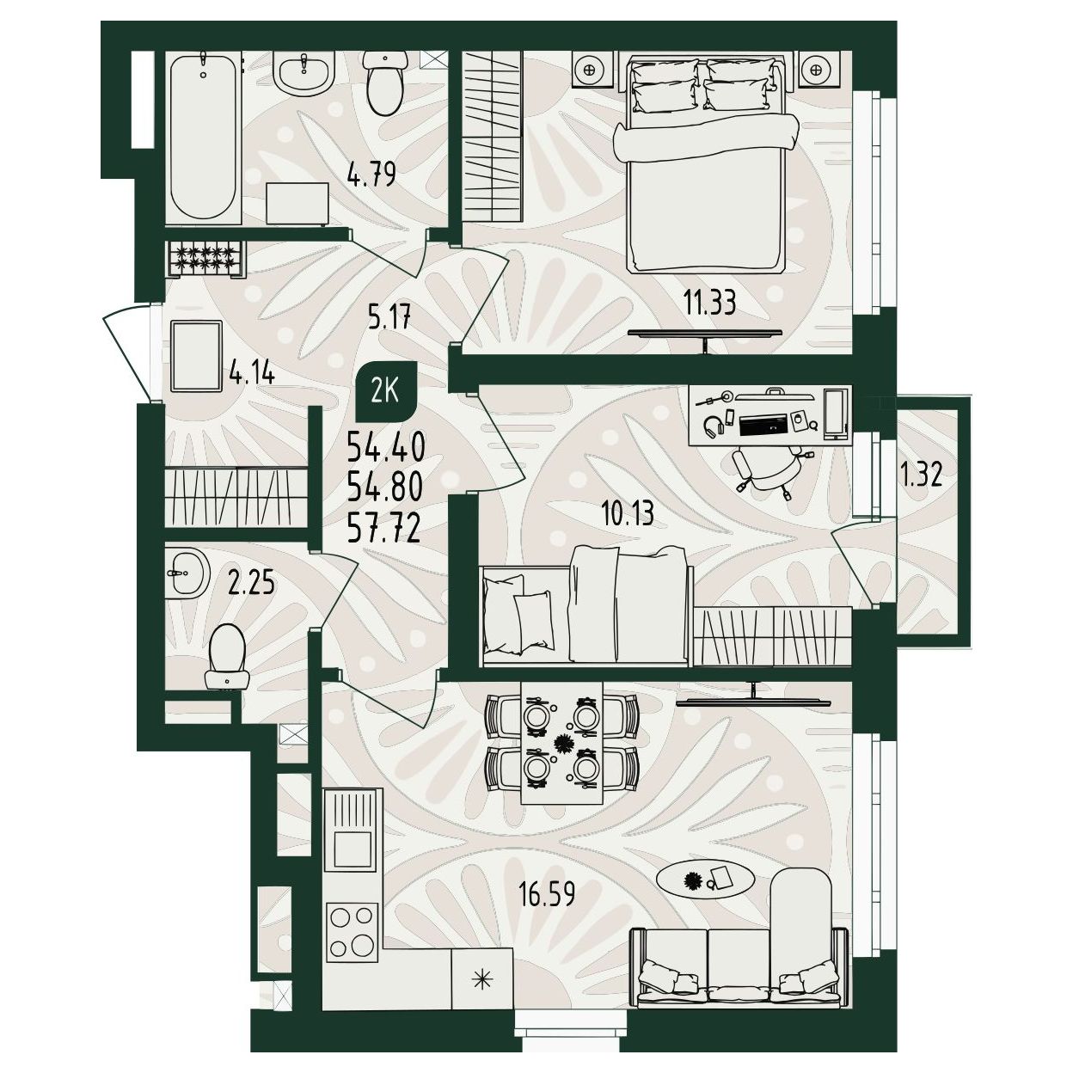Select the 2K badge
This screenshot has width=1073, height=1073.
coord(386,393)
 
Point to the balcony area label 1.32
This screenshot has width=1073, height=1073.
coord(921,476)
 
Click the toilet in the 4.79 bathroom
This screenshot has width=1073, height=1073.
coord(385,83)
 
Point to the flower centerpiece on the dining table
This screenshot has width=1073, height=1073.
coord(561,742)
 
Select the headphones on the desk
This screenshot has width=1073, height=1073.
coord(714,425)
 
